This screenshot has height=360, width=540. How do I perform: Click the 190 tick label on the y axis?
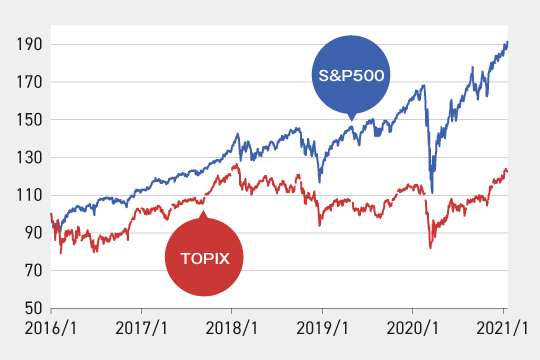[30, 44]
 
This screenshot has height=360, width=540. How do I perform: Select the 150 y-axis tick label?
[30, 120]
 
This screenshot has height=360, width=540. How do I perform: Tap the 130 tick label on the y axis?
[30, 157]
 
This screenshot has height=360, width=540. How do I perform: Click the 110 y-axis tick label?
[30, 195]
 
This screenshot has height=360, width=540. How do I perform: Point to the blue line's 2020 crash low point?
[432, 192]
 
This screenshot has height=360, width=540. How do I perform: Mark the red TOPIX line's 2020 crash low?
[431, 247]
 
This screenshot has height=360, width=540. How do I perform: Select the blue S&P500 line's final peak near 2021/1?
[507, 42]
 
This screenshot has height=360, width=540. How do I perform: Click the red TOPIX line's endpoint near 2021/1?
[507, 171]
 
